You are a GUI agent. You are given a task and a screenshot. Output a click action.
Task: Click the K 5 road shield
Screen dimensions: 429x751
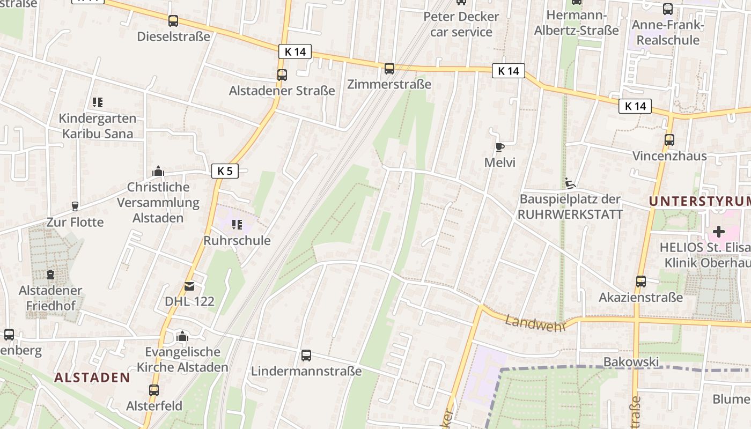click(225, 171)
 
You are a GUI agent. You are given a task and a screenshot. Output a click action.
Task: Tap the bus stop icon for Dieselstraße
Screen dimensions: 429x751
click(173, 21)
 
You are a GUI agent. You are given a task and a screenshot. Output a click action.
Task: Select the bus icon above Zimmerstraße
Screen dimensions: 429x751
click(389, 69)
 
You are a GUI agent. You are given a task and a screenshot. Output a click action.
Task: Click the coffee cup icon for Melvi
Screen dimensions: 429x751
click(499, 147)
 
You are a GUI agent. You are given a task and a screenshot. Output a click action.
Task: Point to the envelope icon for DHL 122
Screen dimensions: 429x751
click(189, 286)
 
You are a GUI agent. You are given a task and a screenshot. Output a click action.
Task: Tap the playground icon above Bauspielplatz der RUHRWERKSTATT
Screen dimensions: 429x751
click(570, 183)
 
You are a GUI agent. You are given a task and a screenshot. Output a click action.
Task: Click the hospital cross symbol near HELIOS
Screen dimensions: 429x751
click(718, 232)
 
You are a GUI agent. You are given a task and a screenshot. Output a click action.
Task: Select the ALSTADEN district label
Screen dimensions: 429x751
click(92, 378)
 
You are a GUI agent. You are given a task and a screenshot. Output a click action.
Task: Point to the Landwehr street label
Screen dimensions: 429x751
click(535, 323)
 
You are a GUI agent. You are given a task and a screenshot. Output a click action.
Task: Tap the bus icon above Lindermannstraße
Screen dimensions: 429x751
click(306, 355)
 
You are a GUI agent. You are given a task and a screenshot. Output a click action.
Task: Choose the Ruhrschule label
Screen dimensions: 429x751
click(237, 241)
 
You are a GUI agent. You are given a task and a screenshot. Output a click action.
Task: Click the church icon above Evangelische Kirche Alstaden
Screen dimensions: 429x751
click(182, 336)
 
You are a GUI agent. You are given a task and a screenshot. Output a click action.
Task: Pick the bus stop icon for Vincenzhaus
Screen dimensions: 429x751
click(669, 140)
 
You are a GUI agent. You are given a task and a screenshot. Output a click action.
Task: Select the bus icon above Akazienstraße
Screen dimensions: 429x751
click(640, 281)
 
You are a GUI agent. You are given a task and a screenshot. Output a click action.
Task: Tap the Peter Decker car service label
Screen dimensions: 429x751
click(461, 24)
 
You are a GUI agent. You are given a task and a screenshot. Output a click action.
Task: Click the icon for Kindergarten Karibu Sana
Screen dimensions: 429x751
click(97, 102)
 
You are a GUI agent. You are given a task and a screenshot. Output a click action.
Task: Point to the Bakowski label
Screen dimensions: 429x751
click(631, 362)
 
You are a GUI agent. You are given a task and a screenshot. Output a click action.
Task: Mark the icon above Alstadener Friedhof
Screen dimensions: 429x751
click(50, 275)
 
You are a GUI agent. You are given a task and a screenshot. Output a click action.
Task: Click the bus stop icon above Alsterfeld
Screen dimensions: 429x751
click(154, 390)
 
